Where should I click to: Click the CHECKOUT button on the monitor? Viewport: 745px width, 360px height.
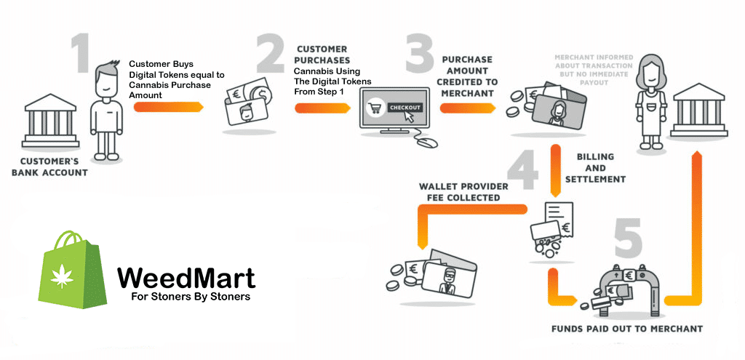(x=405, y=107)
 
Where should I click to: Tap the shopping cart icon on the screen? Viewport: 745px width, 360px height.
(x=378, y=108)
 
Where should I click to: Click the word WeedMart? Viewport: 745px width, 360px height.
(x=186, y=278)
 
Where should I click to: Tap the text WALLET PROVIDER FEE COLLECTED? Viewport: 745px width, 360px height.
(x=459, y=192)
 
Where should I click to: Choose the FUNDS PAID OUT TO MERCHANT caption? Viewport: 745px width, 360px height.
(x=626, y=329)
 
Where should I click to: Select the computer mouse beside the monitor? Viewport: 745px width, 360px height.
(x=424, y=142)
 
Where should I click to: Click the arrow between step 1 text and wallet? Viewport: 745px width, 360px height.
(x=169, y=106)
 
